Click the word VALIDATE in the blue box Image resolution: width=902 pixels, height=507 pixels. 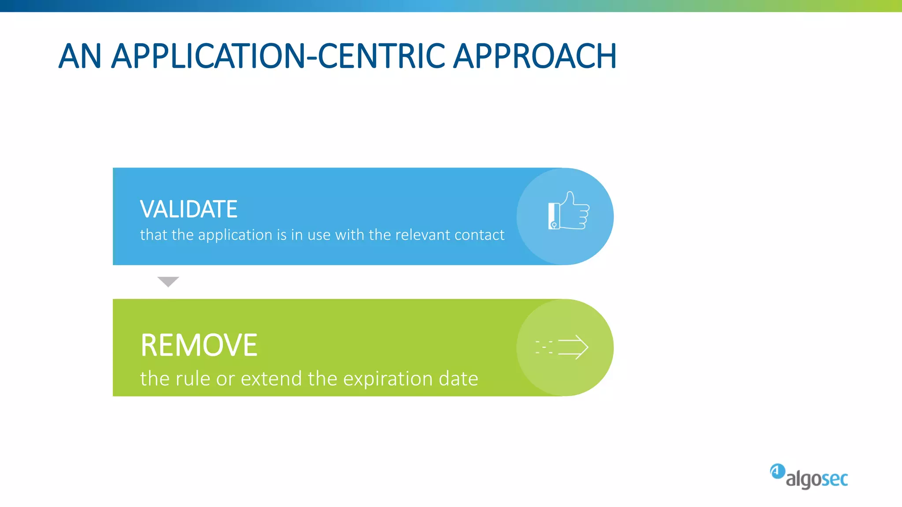click(x=189, y=209)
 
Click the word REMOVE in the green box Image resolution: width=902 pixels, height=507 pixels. click(x=199, y=345)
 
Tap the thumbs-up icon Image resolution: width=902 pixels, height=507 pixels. click(x=569, y=211)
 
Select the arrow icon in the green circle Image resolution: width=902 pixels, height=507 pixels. click(x=573, y=347)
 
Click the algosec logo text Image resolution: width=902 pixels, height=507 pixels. click(x=817, y=479)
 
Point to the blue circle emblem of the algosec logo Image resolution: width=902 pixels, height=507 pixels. click(x=777, y=471)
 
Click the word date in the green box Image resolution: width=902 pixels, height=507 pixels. click(x=458, y=379)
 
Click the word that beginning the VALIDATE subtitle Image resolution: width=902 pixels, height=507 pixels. click(x=154, y=235)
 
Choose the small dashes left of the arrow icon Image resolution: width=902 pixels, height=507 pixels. click(x=544, y=347)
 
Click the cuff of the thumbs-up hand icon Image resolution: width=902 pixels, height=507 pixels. click(x=554, y=216)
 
